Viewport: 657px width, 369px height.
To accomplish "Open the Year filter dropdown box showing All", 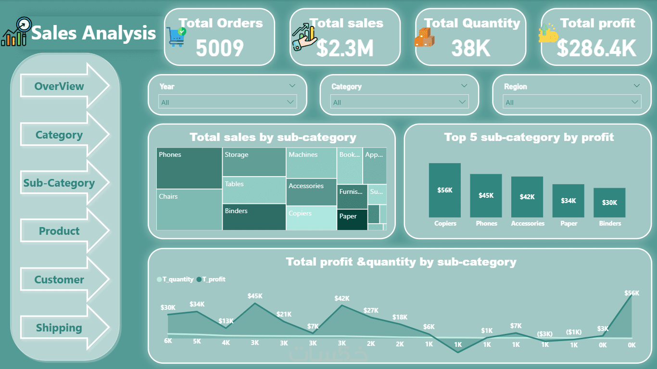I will pos(227,102).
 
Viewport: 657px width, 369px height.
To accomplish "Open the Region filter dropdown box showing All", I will pos(572,102).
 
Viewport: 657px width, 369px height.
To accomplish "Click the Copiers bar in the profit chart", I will pos(445,190).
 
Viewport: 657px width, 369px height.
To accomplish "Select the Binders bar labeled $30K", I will pos(609,202).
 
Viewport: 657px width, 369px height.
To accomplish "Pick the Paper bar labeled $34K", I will pos(568,200).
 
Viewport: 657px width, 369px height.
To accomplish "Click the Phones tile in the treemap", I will pos(189,168).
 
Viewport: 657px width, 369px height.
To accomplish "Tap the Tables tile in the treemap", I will pos(254,190).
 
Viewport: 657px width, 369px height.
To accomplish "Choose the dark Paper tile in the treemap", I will pos(352,219).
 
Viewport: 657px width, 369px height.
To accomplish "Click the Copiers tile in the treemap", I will pos(312,218).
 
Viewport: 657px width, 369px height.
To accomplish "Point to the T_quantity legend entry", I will pos(175,279).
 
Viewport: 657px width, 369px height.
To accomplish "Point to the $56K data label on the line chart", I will pos(632,293).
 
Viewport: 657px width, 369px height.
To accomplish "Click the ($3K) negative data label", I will pos(545,333).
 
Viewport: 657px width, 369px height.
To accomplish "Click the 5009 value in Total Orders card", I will pos(220,48).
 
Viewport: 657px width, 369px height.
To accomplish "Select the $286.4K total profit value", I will pos(596,48).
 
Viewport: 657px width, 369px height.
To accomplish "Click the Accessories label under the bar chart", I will pos(528,223).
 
